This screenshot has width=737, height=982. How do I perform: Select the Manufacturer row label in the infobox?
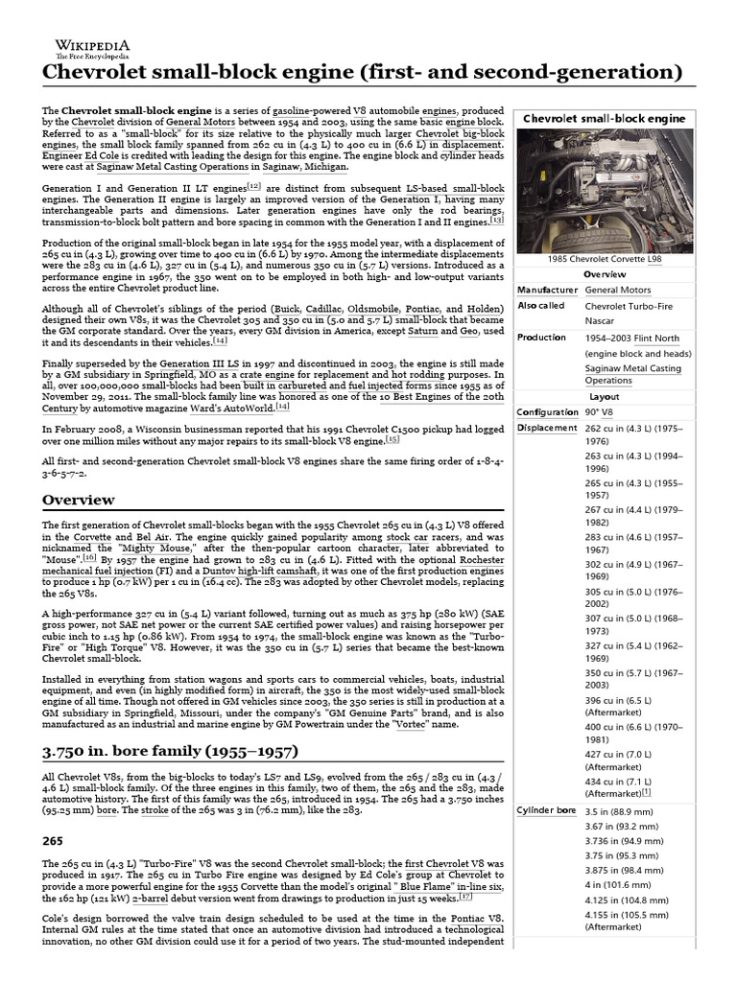pyautogui.click(x=547, y=290)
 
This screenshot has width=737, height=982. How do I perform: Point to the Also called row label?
pyautogui.click(x=542, y=305)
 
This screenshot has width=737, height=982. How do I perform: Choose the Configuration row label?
pyautogui.click(x=549, y=412)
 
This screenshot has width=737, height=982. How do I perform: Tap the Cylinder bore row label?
pyautogui.click(x=547, y=810)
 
